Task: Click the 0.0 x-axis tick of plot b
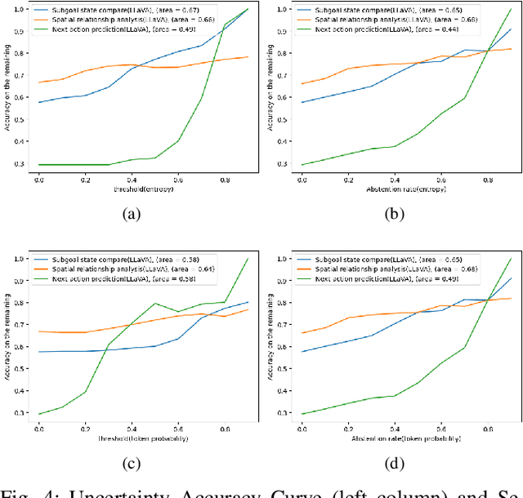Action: coord(302,176)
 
